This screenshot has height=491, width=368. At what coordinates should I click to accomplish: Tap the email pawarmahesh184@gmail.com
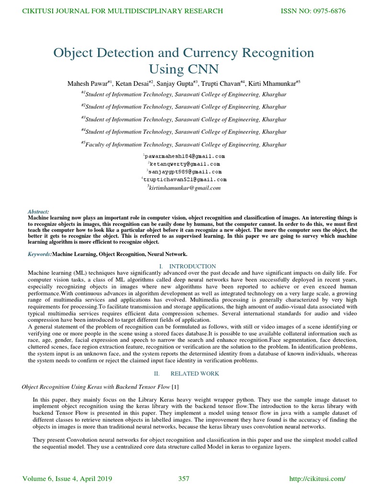point(184,156)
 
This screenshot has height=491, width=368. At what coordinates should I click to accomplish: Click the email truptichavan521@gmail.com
point(185,179)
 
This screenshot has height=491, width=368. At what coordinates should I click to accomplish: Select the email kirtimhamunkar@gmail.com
point(185,188)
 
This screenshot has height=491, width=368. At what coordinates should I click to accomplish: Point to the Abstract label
point(38,211)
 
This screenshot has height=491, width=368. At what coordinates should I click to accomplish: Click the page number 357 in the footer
point(184,479)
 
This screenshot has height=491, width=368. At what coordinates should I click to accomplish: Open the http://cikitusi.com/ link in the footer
point(318,479)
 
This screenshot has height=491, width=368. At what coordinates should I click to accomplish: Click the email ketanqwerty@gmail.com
point(185,164)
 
